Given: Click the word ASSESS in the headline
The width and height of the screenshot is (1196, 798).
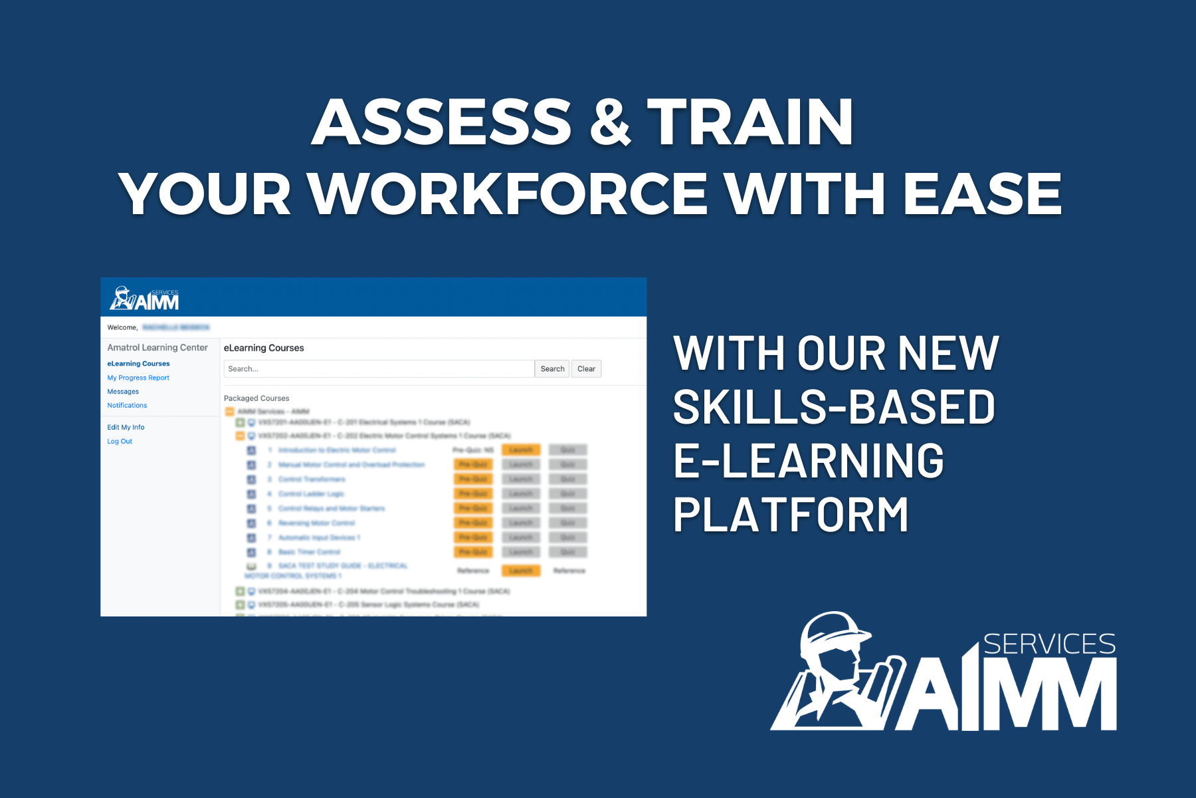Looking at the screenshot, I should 441,122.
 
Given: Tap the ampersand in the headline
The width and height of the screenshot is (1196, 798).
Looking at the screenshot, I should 609,122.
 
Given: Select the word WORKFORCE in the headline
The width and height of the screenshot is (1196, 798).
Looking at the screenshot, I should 508,194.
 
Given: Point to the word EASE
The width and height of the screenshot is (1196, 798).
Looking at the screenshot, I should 982,194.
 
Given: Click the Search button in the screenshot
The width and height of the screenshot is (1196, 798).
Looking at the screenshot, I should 551,369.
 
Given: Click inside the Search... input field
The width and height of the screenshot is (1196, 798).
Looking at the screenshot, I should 379,369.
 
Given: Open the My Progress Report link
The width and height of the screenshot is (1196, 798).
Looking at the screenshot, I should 138,378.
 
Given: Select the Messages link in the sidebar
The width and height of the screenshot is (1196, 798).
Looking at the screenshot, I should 123,392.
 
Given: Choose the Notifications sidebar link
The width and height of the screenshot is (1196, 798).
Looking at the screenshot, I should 127,406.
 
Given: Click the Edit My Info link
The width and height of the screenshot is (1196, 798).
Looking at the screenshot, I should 126,428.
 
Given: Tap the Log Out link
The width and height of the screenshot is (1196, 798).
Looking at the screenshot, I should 120,442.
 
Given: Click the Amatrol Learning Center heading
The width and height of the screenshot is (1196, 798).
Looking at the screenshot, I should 157,348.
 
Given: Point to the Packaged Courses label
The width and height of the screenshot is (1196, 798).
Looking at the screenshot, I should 256,398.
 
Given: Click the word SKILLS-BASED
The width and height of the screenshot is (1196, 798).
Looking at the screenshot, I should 834,407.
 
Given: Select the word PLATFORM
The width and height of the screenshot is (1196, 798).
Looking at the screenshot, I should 791,515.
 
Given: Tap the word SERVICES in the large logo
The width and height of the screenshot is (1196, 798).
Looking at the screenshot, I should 1049,644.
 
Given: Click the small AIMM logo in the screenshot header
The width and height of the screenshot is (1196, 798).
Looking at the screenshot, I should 145,299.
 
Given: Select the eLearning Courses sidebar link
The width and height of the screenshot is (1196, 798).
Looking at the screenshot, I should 138,364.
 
